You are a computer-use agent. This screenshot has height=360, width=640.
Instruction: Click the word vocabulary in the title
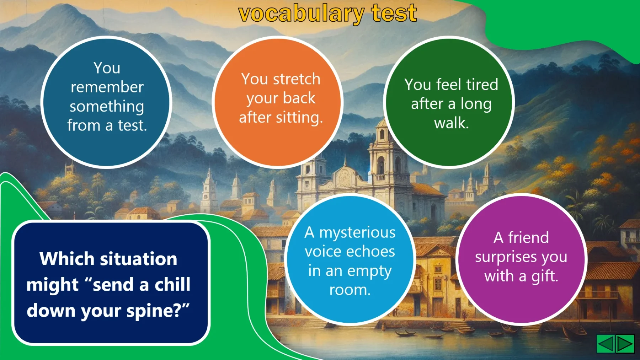301,14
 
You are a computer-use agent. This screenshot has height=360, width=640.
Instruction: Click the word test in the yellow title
394,13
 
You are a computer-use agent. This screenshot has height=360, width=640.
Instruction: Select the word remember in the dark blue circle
107,87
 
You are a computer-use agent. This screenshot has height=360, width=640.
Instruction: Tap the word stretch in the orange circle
297,79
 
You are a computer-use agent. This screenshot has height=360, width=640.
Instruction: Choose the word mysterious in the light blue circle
357,233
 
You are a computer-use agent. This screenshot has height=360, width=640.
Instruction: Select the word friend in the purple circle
528,237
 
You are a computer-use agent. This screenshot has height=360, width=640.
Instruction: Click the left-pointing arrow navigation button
606,344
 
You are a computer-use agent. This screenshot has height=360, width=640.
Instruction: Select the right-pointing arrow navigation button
625,344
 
